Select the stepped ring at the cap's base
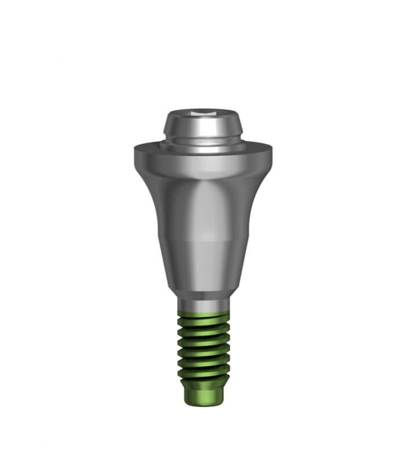[x=202, y=145]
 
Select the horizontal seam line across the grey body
[x=202, y=238]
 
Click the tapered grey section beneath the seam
[x=202, y=266]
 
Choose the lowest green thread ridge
[x=202, y=375]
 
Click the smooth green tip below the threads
[x=202, y=394]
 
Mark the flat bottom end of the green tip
[x=202, y=403]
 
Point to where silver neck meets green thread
[x=202, y=311]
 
